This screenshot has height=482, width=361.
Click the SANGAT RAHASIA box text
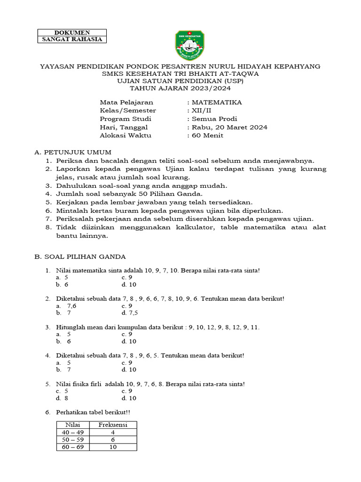[72, 39]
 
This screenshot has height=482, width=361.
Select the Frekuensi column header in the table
[113, 425]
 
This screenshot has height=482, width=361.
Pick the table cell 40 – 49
[72, 433]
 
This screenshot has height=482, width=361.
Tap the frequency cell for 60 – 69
[113, 447]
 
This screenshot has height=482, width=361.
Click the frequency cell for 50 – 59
[113, 440]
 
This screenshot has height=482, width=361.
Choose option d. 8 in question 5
[63, 398]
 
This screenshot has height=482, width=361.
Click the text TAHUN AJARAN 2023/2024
[180, 88]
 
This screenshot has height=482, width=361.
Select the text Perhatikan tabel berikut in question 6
[93, 412]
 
